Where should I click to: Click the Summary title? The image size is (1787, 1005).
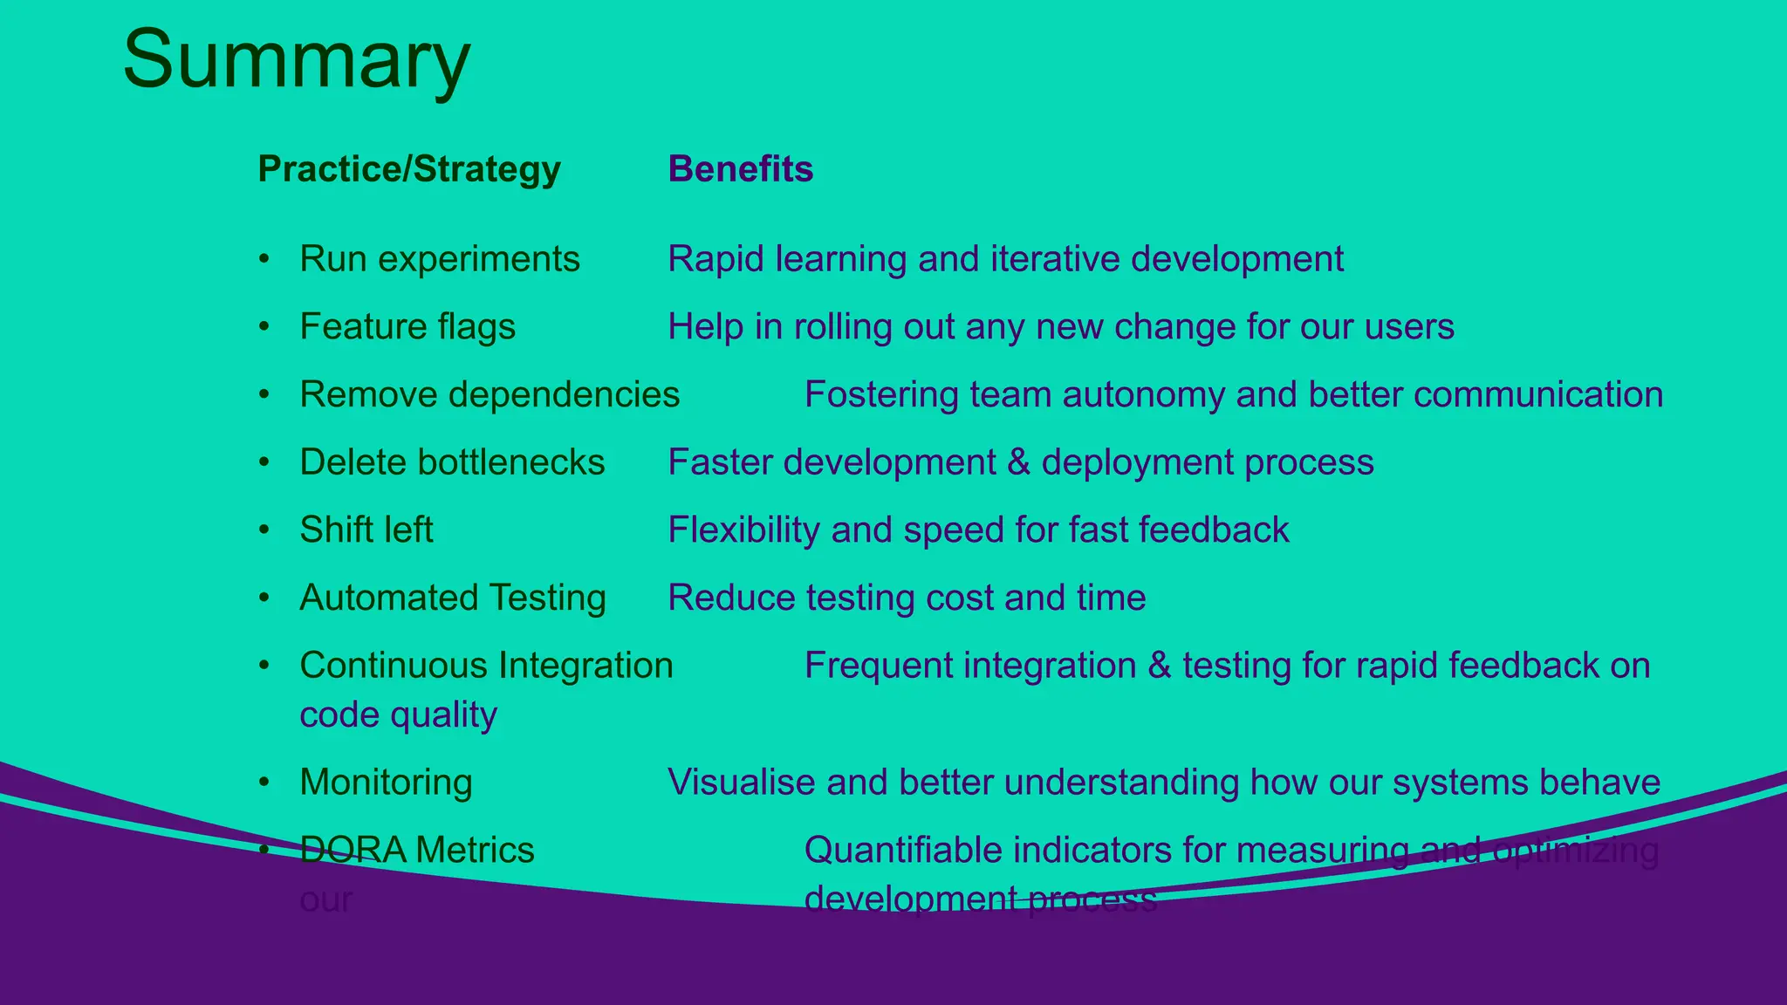[x=297, y=59]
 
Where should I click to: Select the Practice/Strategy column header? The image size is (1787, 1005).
[x=409, y=169]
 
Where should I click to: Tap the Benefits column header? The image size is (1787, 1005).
[x=740, y=169]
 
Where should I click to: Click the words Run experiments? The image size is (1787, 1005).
[x=439, y=259]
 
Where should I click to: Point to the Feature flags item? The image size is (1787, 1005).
[x=407, y=327]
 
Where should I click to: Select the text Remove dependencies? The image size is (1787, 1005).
[x=489, y=394]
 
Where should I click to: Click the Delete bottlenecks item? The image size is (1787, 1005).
[x=451, y=462]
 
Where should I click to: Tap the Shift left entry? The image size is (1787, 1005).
[x=366, y=530]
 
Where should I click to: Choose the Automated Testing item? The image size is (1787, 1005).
[x=452, y=598]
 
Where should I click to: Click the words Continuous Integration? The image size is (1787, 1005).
[x=486, y=666]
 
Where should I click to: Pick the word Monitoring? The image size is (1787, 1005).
[x=386, y=783]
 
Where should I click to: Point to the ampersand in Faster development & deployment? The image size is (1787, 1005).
[x=1018, y=462]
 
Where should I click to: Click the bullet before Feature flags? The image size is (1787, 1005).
[x=264, y=327]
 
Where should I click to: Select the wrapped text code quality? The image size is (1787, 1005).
[x=398, y=715]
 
